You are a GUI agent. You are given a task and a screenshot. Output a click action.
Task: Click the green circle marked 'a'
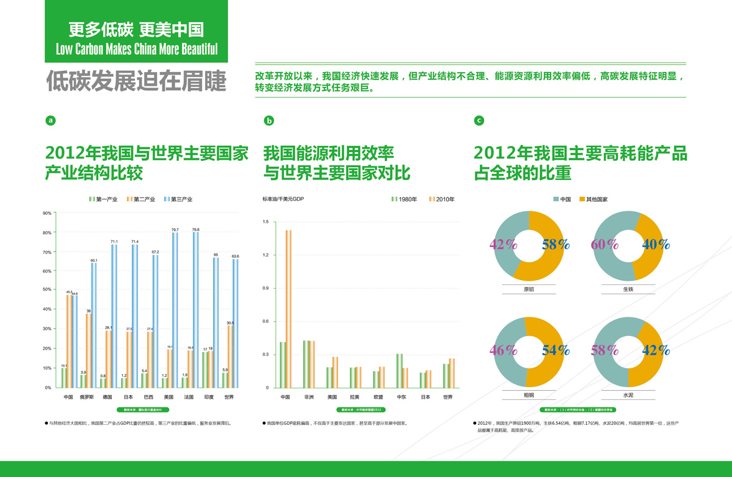(51, 120)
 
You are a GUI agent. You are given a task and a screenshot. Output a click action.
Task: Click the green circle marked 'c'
(478, 120)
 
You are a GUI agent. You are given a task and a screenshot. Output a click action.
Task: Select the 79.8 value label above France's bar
(196, 230)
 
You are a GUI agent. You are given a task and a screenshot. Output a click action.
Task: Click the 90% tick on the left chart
(47, 213)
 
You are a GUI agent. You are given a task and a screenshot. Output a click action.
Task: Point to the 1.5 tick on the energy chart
(266, 222)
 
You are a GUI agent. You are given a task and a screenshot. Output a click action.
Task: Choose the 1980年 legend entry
(405, 199)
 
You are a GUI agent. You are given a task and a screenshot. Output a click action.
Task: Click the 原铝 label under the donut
(529, 289)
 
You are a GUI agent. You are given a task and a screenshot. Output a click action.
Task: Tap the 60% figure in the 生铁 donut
(605, 244)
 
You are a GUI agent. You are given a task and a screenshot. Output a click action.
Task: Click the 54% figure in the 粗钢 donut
(555, 350)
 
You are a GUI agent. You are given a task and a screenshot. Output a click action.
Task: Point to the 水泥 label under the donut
(628, 395)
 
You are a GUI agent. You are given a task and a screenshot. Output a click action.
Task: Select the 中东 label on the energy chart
(402, 397)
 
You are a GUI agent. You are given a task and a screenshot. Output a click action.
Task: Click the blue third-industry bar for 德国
(114, 316)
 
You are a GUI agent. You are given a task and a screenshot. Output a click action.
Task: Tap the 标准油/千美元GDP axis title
(283, 199)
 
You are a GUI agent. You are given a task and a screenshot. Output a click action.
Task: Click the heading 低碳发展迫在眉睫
(135, 82)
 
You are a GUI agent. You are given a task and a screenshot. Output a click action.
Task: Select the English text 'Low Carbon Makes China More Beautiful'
(137, 49)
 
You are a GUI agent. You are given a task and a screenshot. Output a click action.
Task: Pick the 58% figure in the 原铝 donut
(555, 244)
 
